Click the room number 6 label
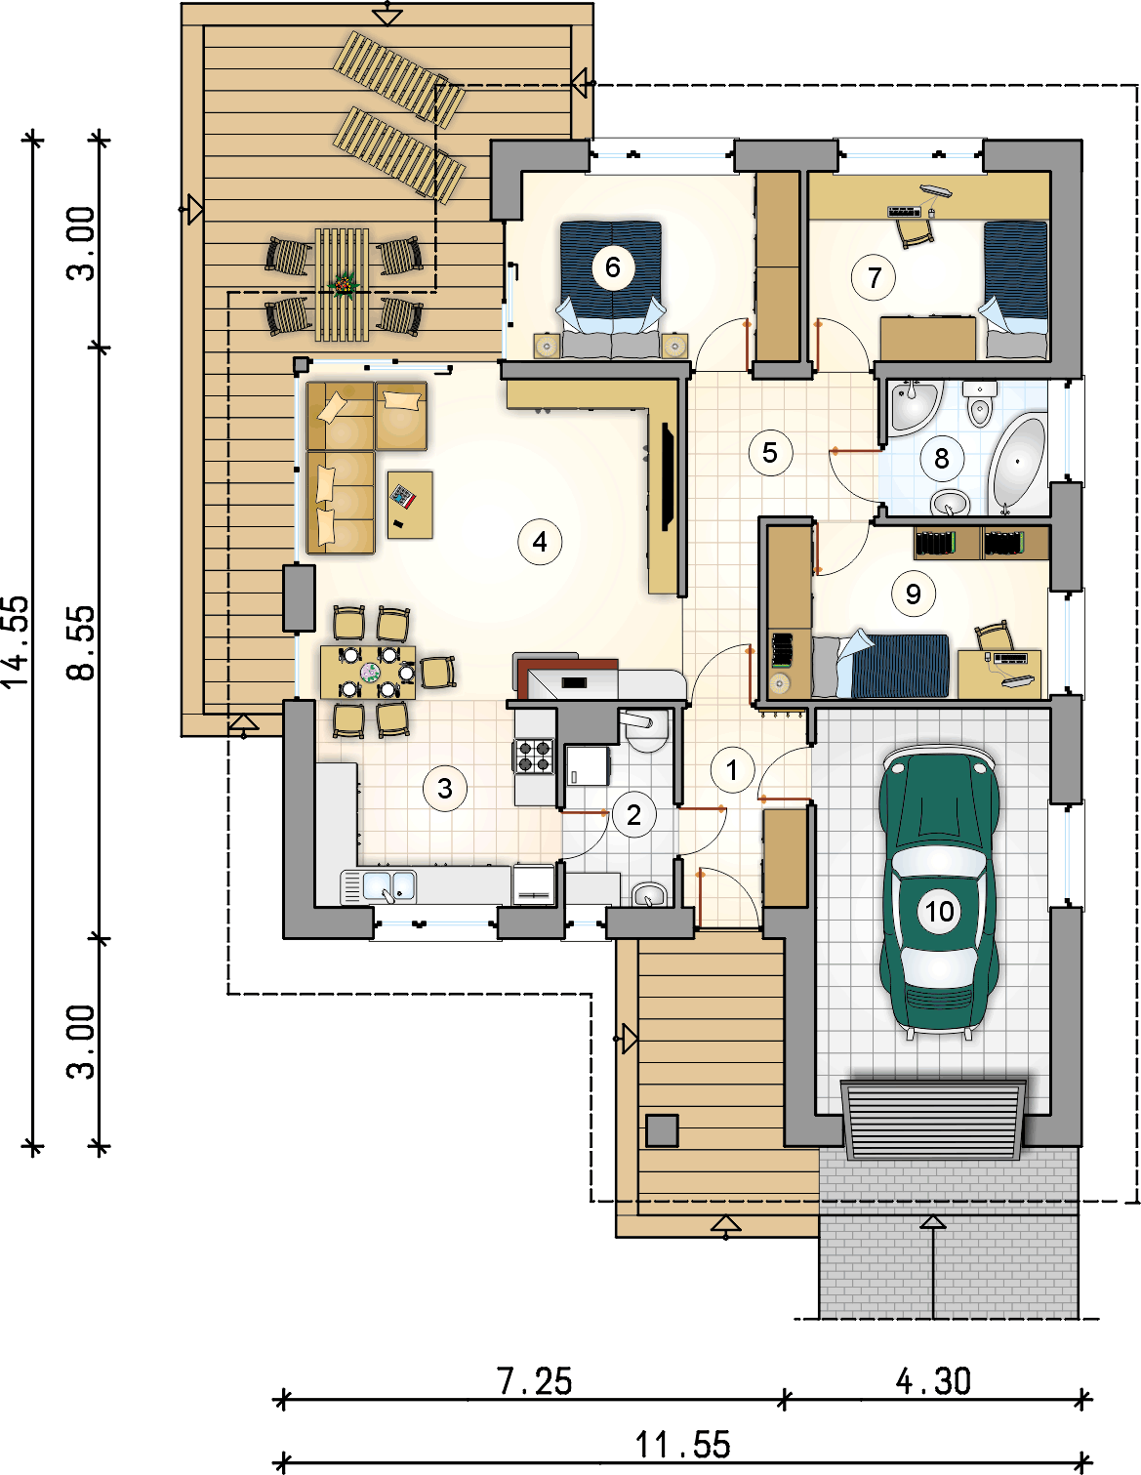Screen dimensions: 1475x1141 click(613, 266)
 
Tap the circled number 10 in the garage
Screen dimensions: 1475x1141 click(939, 912)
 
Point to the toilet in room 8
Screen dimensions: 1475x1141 click(979, 404)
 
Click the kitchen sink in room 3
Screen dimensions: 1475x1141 click(389, 886)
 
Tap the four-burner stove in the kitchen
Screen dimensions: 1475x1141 click(534, 757)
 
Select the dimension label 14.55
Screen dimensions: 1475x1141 click(17, 641)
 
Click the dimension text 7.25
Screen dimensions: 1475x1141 click(534, 1381)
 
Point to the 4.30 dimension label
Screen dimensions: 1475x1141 click(933, 1381)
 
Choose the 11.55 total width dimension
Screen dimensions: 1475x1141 click(682, 1445)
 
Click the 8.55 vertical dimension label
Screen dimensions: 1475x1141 click(82, 641)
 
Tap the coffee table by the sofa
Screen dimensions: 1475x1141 click(410, 504)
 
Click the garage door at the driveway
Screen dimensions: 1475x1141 click(935, 1118)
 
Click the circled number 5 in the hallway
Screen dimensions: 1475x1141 click(770, 453)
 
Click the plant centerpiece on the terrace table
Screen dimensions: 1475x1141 click(343, 285)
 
